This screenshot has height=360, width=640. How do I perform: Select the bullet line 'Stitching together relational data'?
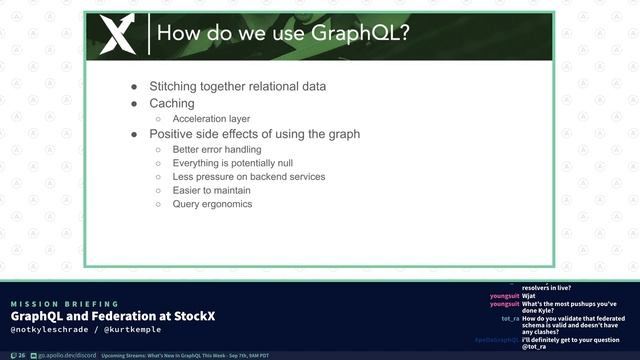pos(238,86)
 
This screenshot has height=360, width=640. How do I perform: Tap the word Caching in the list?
pos(172,103)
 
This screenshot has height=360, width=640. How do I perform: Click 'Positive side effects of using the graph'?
pos(254,133)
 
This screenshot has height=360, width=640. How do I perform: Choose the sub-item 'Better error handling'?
pos(217,149)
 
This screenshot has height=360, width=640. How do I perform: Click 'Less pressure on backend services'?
pos(248,176)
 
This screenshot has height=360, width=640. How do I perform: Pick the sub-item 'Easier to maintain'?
pos(213,190)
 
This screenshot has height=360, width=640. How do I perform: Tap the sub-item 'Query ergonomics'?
pos(212,204)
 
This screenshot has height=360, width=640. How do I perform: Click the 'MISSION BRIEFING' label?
pos(64,304)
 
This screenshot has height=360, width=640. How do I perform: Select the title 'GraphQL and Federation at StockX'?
pos(113,317)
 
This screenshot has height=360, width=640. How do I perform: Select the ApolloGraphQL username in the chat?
pos(496,340)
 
